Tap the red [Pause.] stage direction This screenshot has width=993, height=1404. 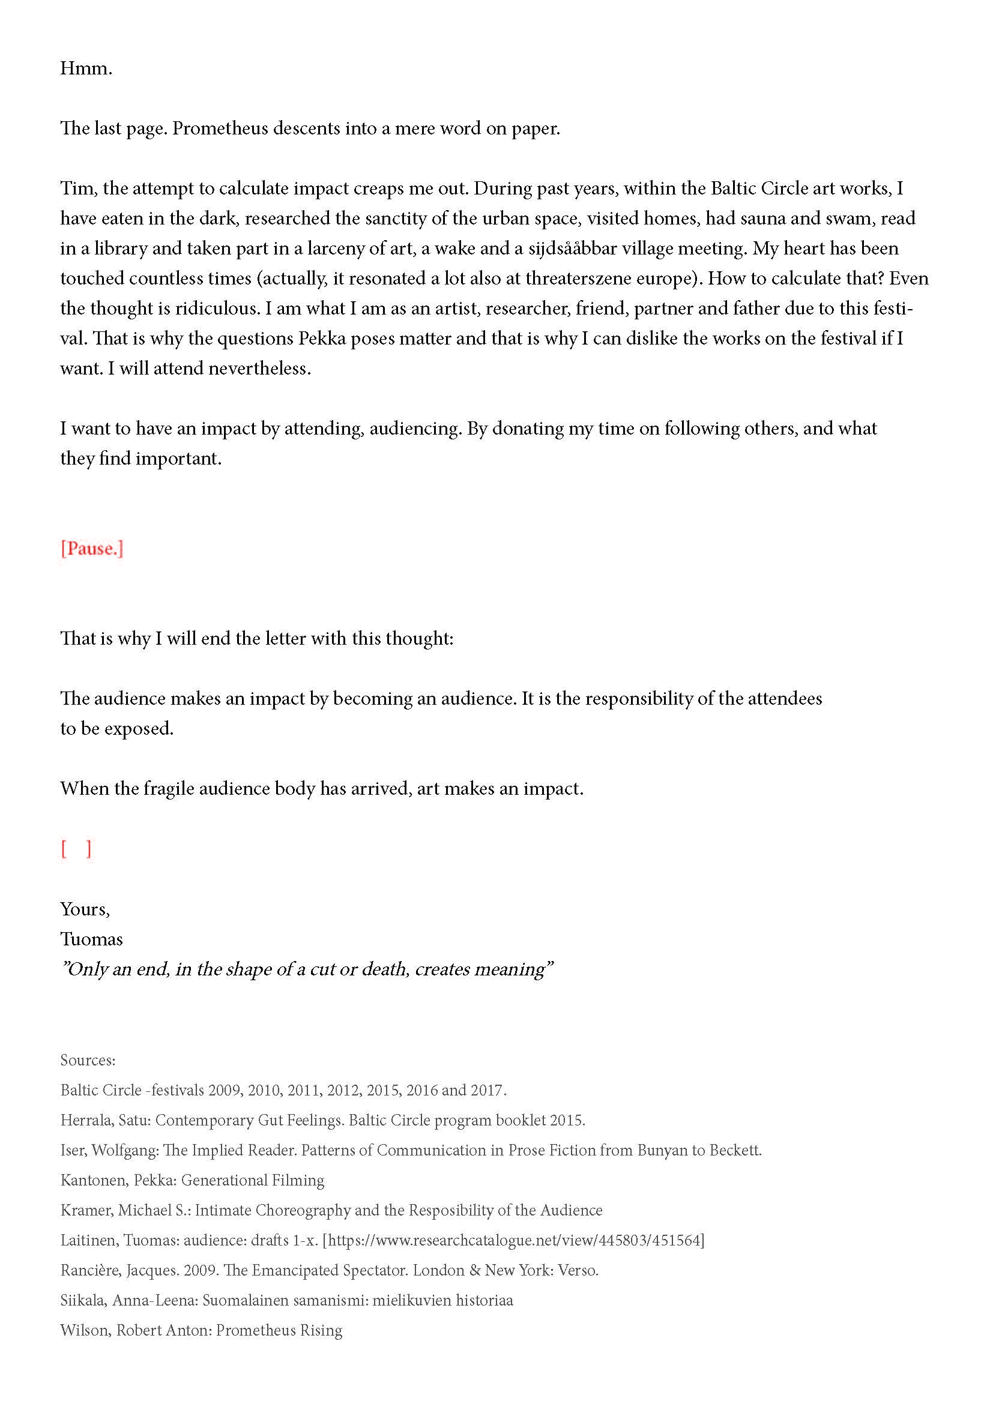pyautogui.click(x=92, y=549)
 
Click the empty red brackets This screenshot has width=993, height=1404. pyautogui.click(x=76, y=849)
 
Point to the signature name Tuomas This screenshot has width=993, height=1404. pyautogui.click(x=91, y=939)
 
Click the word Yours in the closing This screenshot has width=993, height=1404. pyautogui.click(x=84, y=909)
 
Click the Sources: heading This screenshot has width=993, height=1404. pyautogui.click(x=88, y=1059)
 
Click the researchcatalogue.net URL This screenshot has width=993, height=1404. pyautogui.click(x=514, y=1240)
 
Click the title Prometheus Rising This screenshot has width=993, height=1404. pyautogui.click(x=279, y=1330)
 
